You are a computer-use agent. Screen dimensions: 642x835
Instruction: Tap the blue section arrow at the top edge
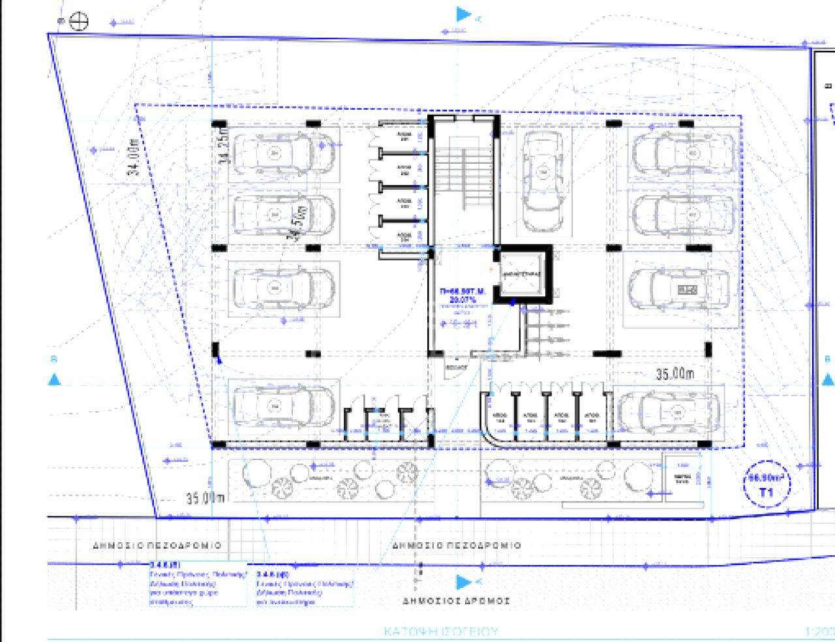pyautogui.click(x=463, y=14)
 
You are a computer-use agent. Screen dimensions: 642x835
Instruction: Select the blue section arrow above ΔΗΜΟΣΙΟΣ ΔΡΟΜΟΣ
pyautogui.click(x=463, y=581)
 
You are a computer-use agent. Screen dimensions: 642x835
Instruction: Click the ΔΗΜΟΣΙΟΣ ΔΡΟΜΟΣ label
pyautogui.click(x=456, y=601)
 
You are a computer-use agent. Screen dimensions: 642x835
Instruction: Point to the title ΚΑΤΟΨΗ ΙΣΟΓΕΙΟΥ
pyautogui.click(x=441, y=632)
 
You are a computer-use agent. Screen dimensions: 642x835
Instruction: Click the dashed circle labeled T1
pyautogui.click(x=767, y=485)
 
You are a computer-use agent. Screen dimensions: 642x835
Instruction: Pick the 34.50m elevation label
pyautogui.click(x=298, y=223)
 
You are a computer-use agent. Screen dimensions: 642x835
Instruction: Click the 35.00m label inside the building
pyautogui.click(x=675, y=374)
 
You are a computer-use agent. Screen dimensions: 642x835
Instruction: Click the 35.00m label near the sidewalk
pyautogui.click(x=205, y=498)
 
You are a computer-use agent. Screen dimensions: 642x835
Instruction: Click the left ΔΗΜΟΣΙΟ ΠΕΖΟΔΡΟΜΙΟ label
pyautogui.click(x=157, y=545)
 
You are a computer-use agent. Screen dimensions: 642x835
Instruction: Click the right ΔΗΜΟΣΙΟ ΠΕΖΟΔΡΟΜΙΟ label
pyautogui.click(x=456, y=545)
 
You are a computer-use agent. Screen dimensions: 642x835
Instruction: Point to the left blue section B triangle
pyautogui.click(x=54, y=379)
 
